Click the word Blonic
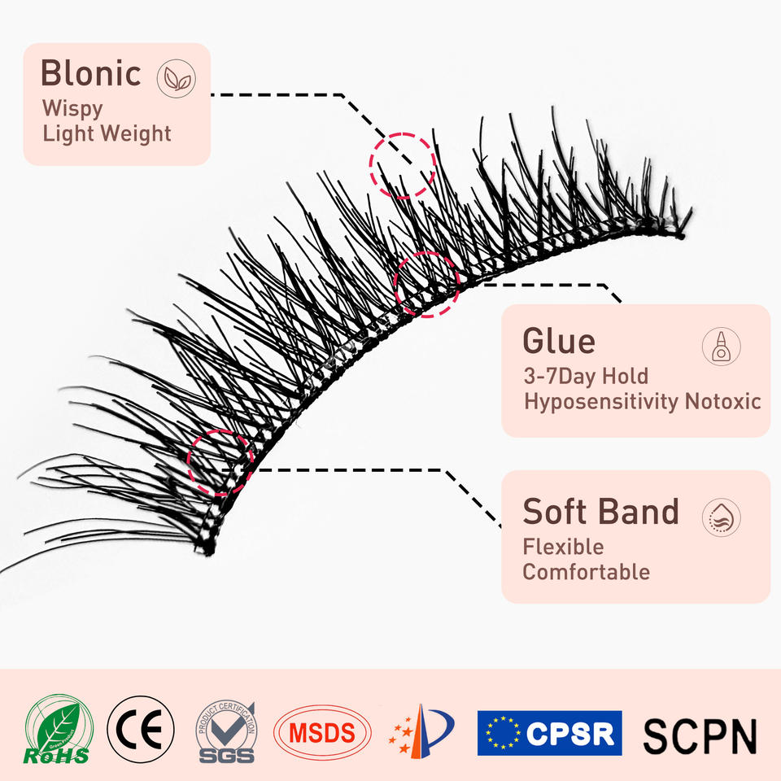pos(90,73)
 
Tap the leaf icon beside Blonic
pos(176,78)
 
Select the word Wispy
pos(72,107)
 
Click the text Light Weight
pos(107,133)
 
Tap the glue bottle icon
pos(721,346)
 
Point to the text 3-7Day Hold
pos(586,376)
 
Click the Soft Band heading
pos(600,512)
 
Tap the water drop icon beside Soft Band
pos(721,517)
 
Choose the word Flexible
pos(563,546)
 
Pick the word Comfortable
pos(586,572)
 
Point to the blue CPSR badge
pos(549,733)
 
